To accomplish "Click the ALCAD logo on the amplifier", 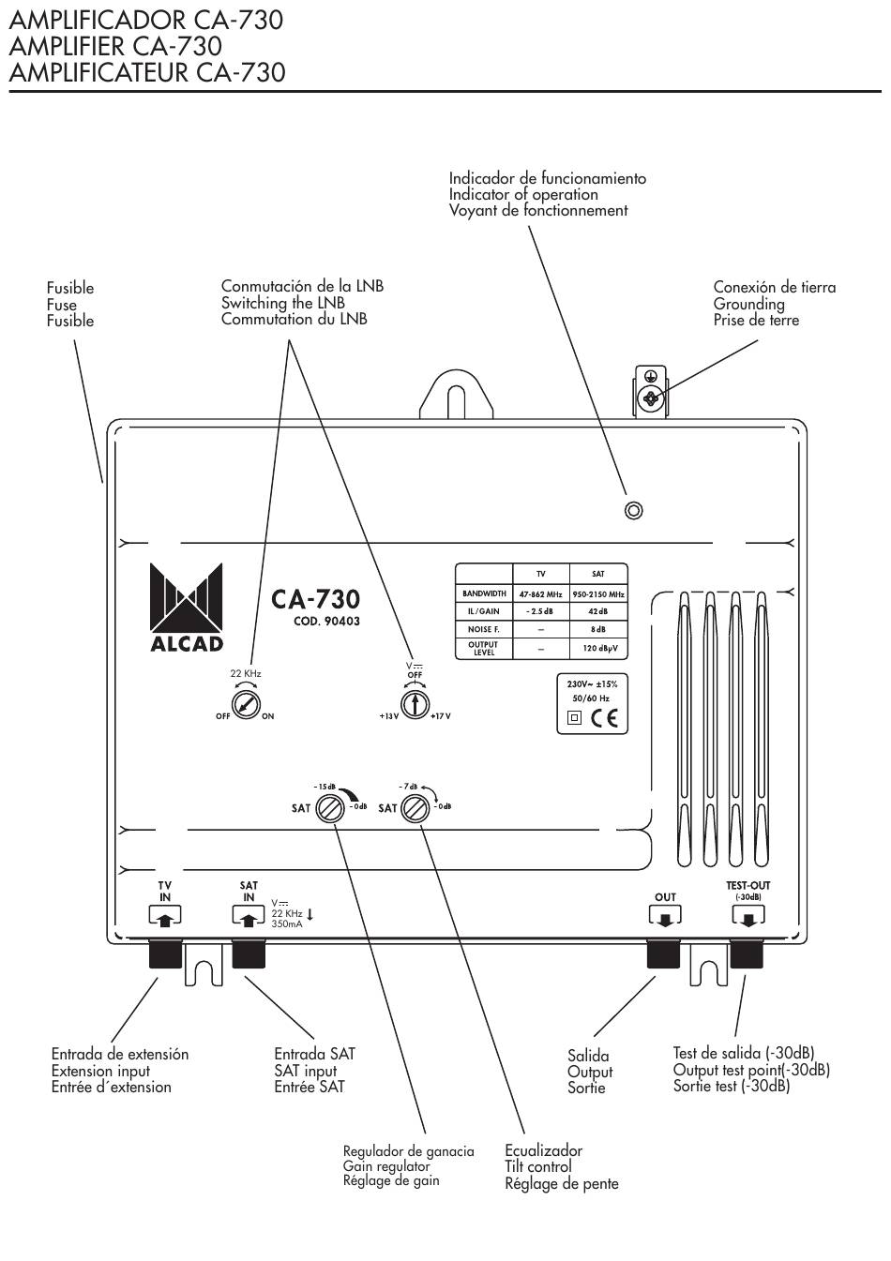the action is coord(187,608).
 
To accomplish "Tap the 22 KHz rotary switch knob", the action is coord(246,704).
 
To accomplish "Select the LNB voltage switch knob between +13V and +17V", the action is coord(415,704).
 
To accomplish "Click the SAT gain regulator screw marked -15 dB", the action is coord(330,809).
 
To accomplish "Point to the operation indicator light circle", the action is coord(634,511).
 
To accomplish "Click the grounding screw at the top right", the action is coord(651,398).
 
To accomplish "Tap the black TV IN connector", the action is coord(165,953).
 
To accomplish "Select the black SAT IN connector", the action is coord(249,953).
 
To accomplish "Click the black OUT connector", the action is coord(663,953).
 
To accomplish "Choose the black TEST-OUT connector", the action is coord(747,953).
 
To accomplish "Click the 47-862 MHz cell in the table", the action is coord(540,593).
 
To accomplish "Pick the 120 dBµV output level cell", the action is coord(598,649).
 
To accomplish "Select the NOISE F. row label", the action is coord(484,629).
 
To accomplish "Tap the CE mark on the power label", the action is coord(604,718).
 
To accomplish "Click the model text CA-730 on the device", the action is coord(315,599).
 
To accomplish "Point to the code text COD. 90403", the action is coord(326,622).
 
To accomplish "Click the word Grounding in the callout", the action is coord(748,304).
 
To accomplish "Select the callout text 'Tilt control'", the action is coord(537,1166).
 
